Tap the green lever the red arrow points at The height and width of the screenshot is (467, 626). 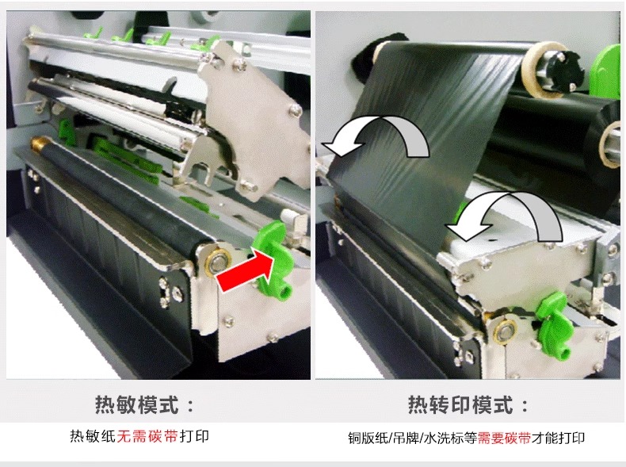(x=273, y=260)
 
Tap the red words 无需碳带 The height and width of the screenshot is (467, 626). (x=147, y=436)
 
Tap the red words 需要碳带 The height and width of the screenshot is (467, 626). (x=504, y=438)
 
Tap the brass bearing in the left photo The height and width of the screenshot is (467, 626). (x=218, y=262)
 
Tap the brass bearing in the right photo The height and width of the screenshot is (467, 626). (x=506, y=331)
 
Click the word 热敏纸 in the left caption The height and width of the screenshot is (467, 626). (x=93, y=436)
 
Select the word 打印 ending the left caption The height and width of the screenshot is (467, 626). (x=194, y=436)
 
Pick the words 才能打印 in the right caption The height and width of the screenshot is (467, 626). (x=558, y=438)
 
